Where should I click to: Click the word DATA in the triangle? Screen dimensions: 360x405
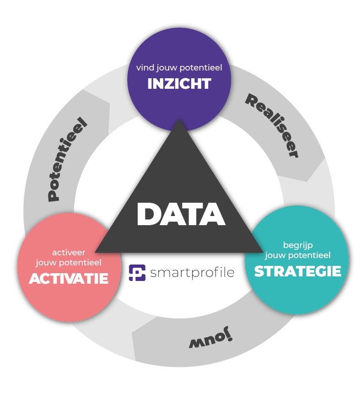pos(181,214)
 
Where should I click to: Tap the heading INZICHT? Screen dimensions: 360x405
pos(179,84)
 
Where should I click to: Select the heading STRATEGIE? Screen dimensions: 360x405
pos(298,271)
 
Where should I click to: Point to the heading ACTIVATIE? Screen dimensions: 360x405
pos(69,278)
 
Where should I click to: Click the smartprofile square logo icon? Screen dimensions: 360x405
pos(137,272)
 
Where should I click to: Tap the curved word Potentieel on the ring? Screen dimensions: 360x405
pos(67,159)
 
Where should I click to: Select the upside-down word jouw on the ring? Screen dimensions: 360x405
pos(210,337)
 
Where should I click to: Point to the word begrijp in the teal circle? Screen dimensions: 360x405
pos(298,245)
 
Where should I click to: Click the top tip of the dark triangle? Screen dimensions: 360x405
pos(179,119)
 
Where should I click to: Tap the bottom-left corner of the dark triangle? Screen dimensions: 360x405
pos(95,252)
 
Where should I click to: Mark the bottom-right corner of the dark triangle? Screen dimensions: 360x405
pos(263,252)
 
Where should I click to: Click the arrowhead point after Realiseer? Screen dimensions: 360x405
pos(307,182)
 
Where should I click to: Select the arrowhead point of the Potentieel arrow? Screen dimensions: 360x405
pos(110,104)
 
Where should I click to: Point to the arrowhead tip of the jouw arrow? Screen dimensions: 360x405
pos(132,333)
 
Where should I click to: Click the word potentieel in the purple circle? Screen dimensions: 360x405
pos(201,68)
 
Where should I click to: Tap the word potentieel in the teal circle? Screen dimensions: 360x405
pos(309,256)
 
